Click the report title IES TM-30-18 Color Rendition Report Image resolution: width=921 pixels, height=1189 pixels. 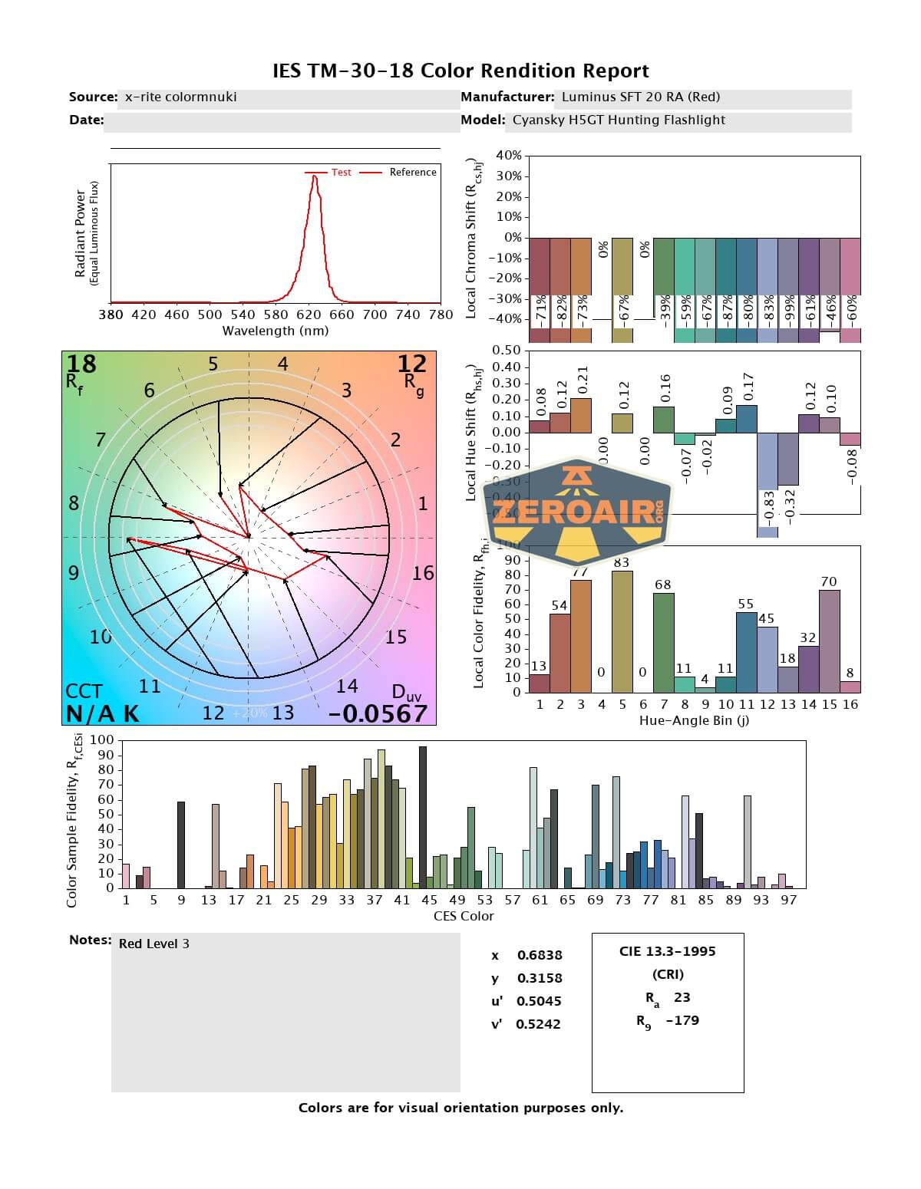[x=460, y=71]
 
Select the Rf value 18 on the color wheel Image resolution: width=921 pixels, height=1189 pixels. [x=81, y=364]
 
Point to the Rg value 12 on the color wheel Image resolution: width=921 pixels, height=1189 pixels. [x=412, y=364]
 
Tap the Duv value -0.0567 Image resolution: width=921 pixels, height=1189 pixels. [x=378, y=713]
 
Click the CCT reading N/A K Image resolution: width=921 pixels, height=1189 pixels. [x=102, y=713]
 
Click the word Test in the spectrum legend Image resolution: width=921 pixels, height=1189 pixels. [x=341, y=173]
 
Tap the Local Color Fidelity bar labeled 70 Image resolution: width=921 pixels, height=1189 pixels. [x=829, y=641]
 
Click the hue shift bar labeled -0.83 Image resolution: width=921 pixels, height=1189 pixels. [x=767, y=483]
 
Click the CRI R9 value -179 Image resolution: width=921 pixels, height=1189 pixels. [x=682, y=1020]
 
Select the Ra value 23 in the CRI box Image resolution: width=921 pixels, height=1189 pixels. [x=682, y=997]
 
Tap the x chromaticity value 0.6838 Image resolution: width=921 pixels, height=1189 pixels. [x=539, y=955]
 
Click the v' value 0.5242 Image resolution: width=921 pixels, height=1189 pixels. [x=538, y=1024]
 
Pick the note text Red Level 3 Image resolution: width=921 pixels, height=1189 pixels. [x=153, y=944]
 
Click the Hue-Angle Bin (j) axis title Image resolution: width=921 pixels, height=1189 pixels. [x=694, y=721]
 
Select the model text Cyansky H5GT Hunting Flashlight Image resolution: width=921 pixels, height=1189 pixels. [x=619, y=120]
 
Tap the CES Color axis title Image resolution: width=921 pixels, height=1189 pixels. [x=464, y=916]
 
